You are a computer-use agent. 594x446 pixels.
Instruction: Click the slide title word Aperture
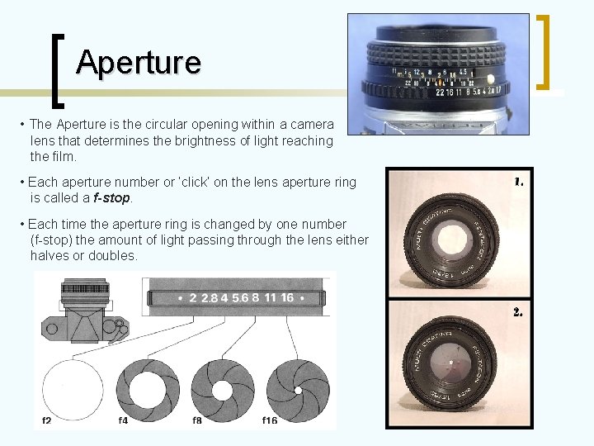[138, 62]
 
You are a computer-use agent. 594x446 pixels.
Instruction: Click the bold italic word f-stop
[111, 198]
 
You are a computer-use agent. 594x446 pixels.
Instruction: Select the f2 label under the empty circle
[47, 420]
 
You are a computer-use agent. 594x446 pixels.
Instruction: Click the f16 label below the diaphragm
[270, 420]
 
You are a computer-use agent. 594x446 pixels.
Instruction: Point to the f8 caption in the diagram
[197, 420]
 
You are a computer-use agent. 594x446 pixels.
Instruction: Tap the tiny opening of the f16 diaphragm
[297, 388]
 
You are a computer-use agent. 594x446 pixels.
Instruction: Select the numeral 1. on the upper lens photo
[518, 182]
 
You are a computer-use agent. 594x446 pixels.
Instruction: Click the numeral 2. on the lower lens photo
[518, 313]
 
